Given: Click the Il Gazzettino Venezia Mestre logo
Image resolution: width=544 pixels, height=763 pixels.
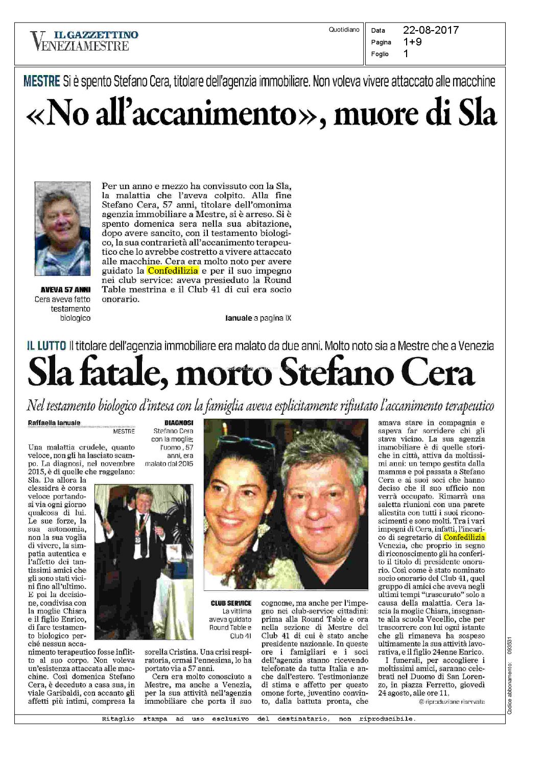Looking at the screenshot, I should [x=84, y=41].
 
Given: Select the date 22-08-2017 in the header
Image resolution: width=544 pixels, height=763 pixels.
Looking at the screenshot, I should [x=431, y=30].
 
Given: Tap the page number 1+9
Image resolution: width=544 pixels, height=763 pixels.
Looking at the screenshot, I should [x=412, y=42].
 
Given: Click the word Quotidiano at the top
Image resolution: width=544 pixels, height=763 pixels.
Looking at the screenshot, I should [x=344, y=30].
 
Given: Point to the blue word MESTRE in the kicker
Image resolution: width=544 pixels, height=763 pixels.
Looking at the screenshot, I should [x=42, y=81].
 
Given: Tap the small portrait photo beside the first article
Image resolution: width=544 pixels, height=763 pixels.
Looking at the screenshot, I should [x=62, y=228].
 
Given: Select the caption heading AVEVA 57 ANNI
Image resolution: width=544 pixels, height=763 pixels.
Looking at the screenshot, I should [x=65, y=290].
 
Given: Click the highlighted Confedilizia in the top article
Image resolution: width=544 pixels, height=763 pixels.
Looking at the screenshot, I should [x=173, y=271].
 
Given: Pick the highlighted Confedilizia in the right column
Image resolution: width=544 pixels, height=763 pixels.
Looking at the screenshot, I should [x=464, y=537].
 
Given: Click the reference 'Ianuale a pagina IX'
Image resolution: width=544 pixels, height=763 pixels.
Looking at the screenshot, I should [x=258, y=318].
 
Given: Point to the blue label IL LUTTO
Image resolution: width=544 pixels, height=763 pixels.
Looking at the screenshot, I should [x=46, y=346].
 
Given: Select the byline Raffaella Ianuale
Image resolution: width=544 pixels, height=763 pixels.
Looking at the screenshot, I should [x=54, y=423].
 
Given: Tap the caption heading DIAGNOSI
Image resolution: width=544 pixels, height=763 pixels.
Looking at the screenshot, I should [x=179, y=423].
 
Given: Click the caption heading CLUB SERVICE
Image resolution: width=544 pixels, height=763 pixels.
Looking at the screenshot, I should [x=231, y=603].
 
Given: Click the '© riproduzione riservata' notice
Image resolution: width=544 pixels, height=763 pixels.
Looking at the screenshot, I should [x=451, y=702].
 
